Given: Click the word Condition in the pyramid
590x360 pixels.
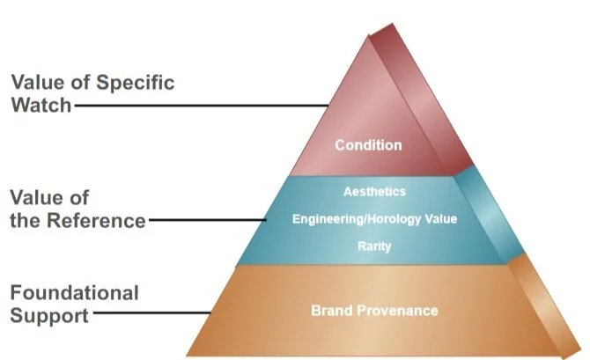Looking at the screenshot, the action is point(368,145).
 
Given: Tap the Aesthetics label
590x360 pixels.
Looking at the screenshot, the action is point(375,190).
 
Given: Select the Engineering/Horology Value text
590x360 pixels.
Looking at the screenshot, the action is point(374,218).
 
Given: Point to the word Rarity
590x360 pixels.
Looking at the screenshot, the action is point(375,247).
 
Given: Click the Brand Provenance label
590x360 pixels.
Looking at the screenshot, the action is point(374,311).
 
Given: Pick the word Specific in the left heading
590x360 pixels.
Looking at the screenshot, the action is point(132,83).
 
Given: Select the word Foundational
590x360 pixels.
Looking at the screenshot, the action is point(75,291).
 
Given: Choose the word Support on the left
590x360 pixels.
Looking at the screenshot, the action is point(49,314).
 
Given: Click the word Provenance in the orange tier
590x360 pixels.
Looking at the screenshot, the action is point(395,311).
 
